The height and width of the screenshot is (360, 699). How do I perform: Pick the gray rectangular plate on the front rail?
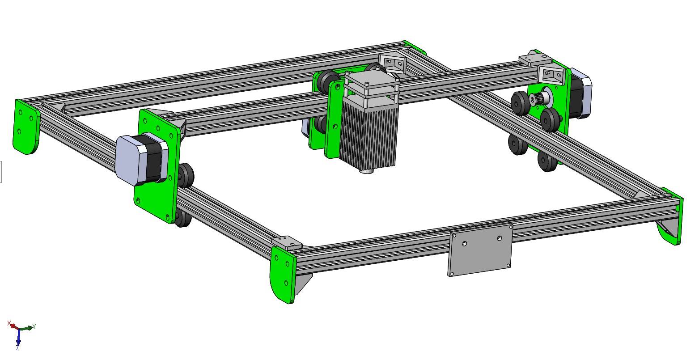click(480, 250)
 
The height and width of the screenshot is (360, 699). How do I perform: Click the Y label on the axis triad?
click(34, 326)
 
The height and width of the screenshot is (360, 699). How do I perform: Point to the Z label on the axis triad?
click(17, 347)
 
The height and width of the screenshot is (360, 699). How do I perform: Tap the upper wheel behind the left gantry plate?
click(186, 174)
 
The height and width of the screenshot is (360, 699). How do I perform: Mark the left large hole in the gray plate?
click(465, 244)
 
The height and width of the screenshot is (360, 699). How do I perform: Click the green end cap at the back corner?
click(416, 47)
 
